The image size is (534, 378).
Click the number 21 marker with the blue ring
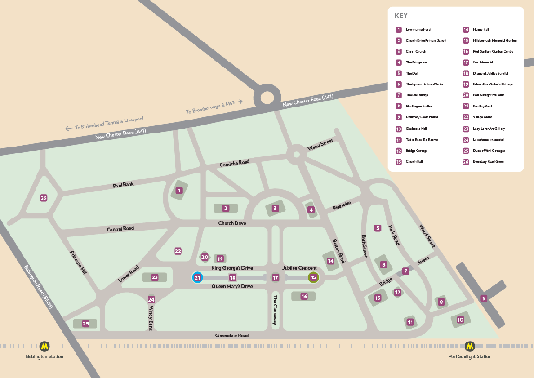point(197,277)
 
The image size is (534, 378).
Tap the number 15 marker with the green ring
point(313,277)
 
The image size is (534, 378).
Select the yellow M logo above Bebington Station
point(44,346)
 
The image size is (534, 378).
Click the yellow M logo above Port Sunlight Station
point(470,346)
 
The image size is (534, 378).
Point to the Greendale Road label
point(231,335)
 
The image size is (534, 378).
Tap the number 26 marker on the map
point(44,198)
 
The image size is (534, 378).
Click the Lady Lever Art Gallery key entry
point(489,129)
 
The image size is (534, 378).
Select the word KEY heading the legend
point(401,16)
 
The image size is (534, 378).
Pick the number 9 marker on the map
point(484,298)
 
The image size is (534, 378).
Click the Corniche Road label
point(234,163)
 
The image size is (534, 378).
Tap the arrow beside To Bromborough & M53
point(240,102)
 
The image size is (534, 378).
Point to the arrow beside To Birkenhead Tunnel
point(69,129)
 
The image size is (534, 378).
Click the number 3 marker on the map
point(275,208)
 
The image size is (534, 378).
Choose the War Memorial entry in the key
point(483,62)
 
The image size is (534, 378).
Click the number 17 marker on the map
point(276,278)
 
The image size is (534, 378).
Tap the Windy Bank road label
point(151,318)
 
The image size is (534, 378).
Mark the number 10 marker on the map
point(460,320)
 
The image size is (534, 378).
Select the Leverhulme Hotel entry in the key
point(418,30)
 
